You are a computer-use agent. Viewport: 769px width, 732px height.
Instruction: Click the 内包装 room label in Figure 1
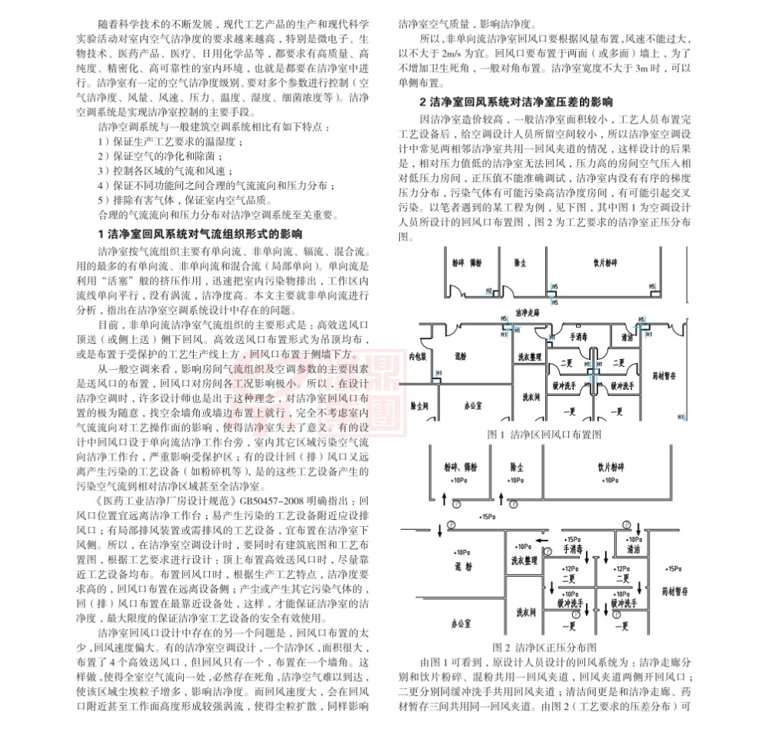click(x=418, y=357)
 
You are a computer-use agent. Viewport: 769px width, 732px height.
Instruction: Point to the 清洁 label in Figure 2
click(x=634, y=551)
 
